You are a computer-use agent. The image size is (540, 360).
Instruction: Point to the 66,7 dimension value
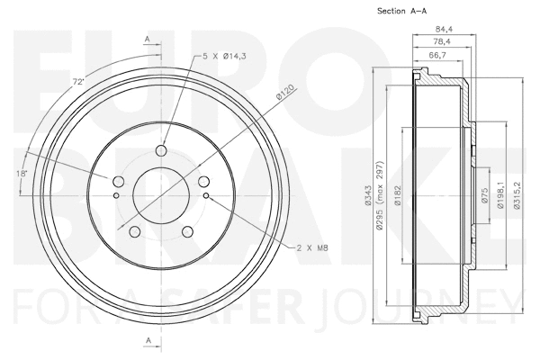pyautogui.click(x=439, y=55)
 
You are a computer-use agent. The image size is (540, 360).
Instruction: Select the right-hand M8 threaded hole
pyautogui.click(x=206, y=193)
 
